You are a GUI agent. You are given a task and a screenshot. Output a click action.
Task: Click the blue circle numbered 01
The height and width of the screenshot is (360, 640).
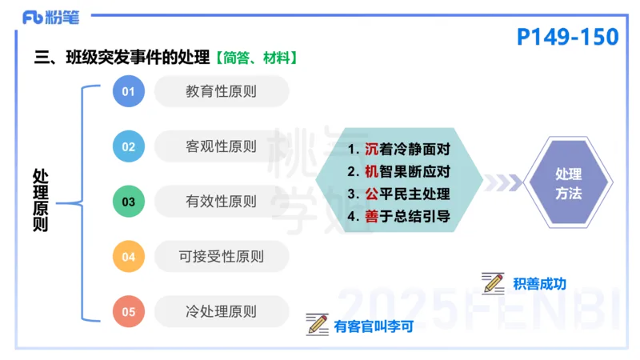(x=128, y=92)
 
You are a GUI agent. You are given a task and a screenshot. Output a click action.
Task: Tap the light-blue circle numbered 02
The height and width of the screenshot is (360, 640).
(x=128, y=147)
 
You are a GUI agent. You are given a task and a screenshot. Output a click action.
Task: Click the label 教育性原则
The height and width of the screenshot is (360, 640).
(x=221, y=91)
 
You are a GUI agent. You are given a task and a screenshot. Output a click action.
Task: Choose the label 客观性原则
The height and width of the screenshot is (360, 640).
(x=221, y=146)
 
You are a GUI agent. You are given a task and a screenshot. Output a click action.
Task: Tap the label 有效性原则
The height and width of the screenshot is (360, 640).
(x=221, y=202)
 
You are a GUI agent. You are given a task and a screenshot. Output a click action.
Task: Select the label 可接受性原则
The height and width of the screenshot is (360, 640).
(x=221, y=257)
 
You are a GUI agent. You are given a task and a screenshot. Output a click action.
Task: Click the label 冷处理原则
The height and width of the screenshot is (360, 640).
(x=221, y=312)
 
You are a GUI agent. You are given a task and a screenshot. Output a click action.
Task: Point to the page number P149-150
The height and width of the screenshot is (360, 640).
(x=568, y=37)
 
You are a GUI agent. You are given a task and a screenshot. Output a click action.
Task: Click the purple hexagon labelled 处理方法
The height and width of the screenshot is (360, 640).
(x=568, y=183)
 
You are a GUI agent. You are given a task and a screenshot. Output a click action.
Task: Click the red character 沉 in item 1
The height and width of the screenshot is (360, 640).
(x=371, y=149)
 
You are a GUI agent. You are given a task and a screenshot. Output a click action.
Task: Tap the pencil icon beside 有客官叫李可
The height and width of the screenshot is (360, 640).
(x=318, y=325)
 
